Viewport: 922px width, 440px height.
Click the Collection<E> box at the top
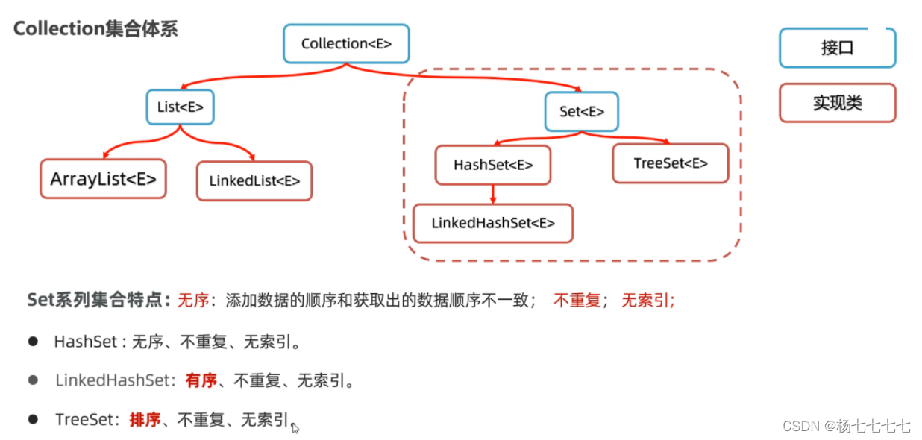[x=348, y=44]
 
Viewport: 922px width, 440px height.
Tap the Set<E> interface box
[x=581, y=111]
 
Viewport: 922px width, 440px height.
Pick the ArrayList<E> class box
[x=103, y=179]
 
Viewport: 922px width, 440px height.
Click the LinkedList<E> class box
[x=254, y=180]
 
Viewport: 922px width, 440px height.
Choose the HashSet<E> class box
[x=492, y=165]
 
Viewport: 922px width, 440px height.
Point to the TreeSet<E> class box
[x=670, y=163]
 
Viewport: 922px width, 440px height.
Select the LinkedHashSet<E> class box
[x=493, y=223]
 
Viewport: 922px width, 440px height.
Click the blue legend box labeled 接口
[x=837, y=48]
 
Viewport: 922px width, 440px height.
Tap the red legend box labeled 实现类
[x=837, y=102]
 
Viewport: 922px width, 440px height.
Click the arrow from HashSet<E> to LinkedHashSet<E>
[x=493, y=194]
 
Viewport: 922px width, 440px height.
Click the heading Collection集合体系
[x=95, y=29]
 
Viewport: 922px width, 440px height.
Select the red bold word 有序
[x=201, y=380]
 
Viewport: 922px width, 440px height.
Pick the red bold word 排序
[x=145, y=419]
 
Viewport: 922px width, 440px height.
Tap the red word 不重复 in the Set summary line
[x=577, y=301]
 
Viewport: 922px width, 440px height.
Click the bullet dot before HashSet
[x=33, y=341]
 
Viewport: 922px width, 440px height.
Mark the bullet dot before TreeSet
[x=33, y=419]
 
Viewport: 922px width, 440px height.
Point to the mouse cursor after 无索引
[x=295, y=427]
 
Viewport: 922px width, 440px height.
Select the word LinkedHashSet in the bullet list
[x=113, y=380]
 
